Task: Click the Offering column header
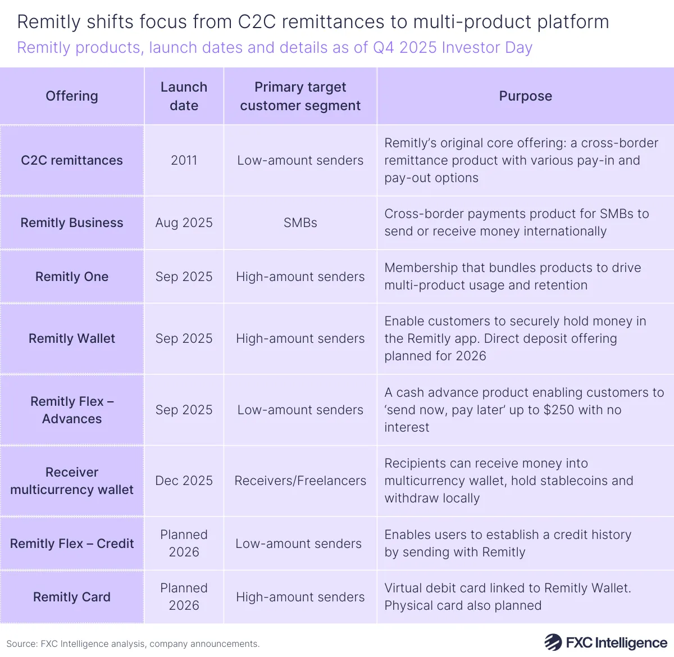click(72, 96)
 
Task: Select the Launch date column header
click(184, 96)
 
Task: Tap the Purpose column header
click(525, 96)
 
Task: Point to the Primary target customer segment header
click(300, 96)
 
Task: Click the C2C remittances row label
click(72, 160)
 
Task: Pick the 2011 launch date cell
click(184, 160)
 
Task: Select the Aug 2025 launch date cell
click(184, 223)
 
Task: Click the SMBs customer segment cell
click(300, 223)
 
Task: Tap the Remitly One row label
click(72, 277)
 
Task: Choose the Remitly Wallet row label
click(72, 338)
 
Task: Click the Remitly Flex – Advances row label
click(72, 410)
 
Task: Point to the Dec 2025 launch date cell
click(184, 481)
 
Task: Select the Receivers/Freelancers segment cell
click(300, 481)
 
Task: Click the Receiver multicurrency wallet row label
click(72, 481)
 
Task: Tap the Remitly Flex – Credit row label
click(72, 543)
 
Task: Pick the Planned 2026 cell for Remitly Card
click(184, 596)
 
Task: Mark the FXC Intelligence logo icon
click(553, 642)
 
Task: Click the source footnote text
click(133, 644)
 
